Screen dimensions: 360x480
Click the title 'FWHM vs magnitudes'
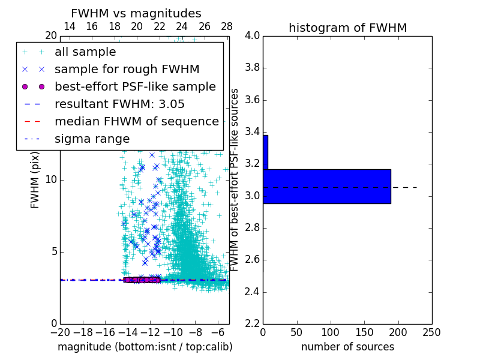(136, 13)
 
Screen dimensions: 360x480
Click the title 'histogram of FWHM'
(347, 28)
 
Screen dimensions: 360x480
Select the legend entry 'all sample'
(85, 52)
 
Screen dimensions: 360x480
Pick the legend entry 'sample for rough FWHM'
(127, 70)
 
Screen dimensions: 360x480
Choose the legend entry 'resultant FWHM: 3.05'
(120, 104)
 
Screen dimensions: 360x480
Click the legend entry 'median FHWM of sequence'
(136, 121)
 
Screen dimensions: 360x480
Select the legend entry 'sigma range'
(92, 139)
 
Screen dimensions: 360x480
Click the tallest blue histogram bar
(327, 187)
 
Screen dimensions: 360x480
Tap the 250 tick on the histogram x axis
(431, 332)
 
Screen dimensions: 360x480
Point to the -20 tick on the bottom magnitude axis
(60, 332)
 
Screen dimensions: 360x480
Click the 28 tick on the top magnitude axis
(227, 26)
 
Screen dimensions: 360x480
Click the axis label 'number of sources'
(347, 347)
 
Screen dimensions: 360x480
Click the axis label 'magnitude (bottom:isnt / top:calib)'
(145, 347)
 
